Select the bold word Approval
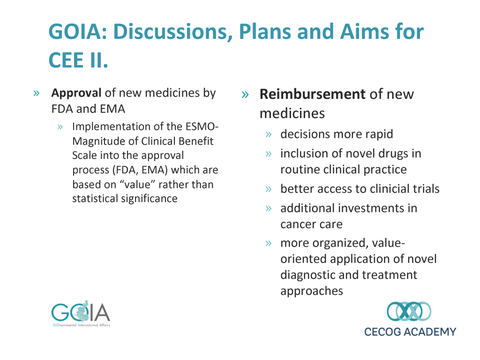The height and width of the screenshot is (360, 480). tap(76, 93)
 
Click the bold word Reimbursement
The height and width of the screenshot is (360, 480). tap(312, 94)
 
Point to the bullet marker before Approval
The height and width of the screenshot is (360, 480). tap(37, 93)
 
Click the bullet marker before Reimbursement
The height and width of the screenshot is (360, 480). tap(245, 95)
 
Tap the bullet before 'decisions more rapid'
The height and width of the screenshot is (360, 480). tap(269, 135)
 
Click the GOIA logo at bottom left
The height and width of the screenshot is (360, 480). tap(81, 314)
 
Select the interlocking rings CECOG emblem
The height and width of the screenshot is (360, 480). tap(409, 311)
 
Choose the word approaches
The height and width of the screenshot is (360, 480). tap(312, 291)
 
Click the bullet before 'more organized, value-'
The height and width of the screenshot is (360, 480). tap(269, 243)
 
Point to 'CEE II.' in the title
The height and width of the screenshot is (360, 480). tap(78, 60)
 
